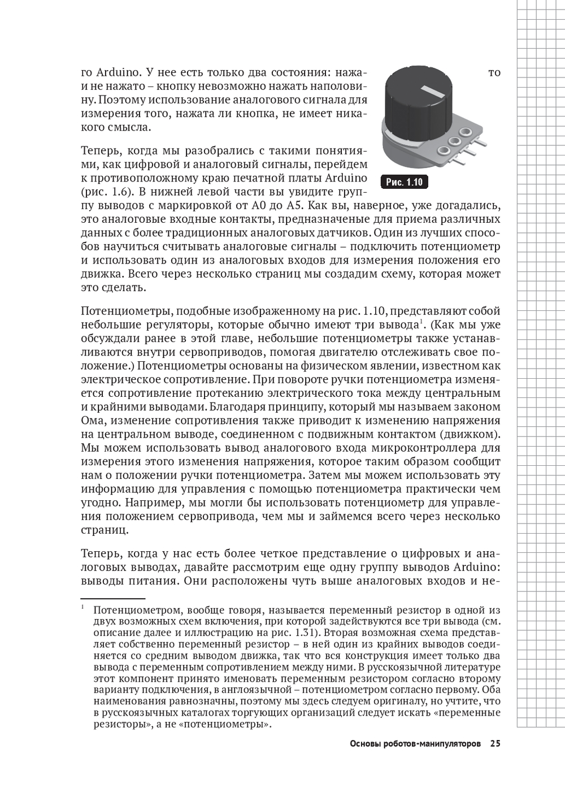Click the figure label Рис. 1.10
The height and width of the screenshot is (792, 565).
pyautogui.click(x=404, y=182)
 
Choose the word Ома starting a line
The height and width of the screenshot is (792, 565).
pyautogui.click(x=93, y=421)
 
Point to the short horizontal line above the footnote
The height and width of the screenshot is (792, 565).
pyautogui.click(x=113, y=598)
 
